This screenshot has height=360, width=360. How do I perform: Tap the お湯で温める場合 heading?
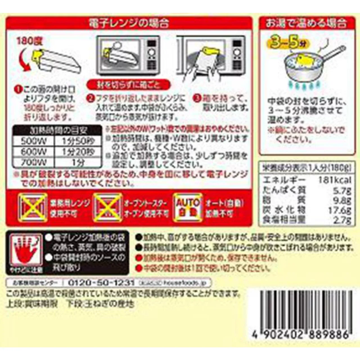pyautogui.click(x=306, y=23)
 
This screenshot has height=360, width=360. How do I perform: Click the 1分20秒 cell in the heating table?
pyautogui.click(x=77, y=152)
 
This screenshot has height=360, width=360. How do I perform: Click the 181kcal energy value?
pyautogui.click(x=335, y=180)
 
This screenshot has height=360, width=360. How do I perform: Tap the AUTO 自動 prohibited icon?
pyautogui.click(x=188, y=208)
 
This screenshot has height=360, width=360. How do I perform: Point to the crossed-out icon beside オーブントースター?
pyautogui.click(x=108, y=208)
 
